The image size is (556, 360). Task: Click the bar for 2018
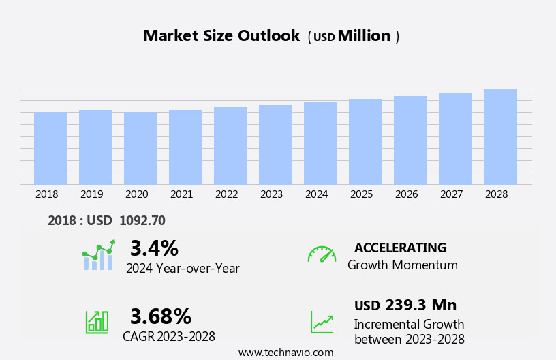coord(50,149)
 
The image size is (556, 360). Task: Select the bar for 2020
coord(140,148)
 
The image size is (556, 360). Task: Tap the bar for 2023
coord(275,145)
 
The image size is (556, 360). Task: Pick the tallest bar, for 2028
coord(500,136)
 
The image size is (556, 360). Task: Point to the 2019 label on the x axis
coord(92,194)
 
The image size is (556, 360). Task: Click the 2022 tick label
coord(227,194)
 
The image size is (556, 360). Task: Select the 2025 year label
coord(362,194)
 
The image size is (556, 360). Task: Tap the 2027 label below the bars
coord(452,194)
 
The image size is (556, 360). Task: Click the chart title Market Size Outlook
coord(221,36)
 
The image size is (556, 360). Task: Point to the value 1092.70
coord(142,221)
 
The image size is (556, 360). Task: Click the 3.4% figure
coord(154,248)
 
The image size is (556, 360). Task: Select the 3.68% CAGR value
coord(161,316)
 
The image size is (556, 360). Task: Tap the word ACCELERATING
coord(400,247)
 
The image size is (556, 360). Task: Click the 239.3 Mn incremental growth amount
coord(420,305)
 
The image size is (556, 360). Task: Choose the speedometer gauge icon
coord(322,254)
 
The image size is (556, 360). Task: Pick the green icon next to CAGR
coord(97,321)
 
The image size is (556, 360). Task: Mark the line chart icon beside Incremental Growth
coord(322,322)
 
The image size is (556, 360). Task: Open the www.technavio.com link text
coord(285,352)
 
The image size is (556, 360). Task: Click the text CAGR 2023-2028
coord(169,337)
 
